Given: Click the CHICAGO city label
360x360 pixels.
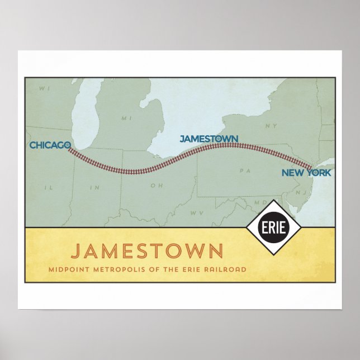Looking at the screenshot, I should (x=50, y=145).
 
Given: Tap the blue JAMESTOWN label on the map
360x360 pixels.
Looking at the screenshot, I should (x=209, y=138).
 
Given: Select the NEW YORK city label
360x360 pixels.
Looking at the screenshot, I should (x=306, y=173).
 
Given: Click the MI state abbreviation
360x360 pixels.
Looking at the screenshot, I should (x=127, y=118).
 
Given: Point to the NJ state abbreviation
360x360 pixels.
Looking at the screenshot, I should (x=300, y=191).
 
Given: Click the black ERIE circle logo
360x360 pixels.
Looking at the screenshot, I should (x=274, y=227).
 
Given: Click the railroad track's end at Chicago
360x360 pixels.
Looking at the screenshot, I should (x=69, y=149).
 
